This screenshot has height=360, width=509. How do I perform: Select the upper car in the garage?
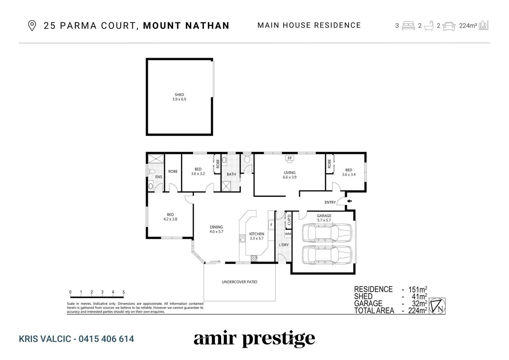[x=326, y=232]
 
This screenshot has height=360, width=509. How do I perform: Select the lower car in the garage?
[x=326, y=255]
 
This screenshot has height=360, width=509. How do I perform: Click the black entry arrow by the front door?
[x=349, y=201]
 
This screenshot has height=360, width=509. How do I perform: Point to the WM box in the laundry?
[x=288, y=234]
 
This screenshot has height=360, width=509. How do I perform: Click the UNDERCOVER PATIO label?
[x=240, y=282]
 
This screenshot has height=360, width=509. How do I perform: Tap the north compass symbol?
[x=437, y=306]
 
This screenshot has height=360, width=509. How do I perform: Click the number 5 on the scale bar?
[x=124, y=292]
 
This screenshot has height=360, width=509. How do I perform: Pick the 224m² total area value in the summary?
[x=417, y=311]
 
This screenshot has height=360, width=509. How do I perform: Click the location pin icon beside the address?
[x=32, y=26]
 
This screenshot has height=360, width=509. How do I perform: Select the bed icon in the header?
[x=408, y=25]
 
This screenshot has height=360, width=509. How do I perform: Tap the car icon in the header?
[x=449, y=26]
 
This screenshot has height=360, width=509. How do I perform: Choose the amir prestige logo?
[x=254, y=339]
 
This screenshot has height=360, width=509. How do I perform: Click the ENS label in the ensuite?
[x=159, y=177]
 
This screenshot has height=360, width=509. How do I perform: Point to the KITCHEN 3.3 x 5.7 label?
[x=256, y=236]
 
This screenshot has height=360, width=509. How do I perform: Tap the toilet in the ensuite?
[x=151, y=172]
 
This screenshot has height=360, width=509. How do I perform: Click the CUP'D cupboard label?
[x=289, y=219]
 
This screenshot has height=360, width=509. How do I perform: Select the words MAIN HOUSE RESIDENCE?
[x=309, y=25]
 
